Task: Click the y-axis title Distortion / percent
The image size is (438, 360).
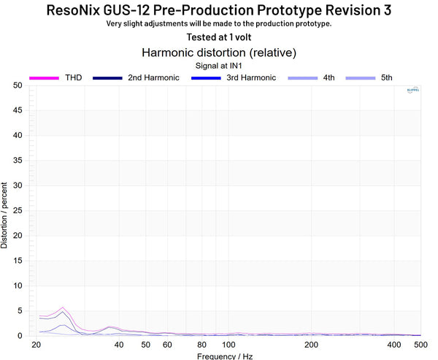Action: (x=5, y=210)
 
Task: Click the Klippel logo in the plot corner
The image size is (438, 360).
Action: (x=412, y=91)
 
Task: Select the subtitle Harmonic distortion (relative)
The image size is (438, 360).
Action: (x=218, y=53)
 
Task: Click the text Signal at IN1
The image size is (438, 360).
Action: (x=218, y=65)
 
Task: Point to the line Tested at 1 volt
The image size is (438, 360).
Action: (x=218, y=37)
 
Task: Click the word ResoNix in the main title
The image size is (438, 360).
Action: (x=80, y=10)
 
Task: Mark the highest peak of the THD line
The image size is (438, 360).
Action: (x=63, y=307)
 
